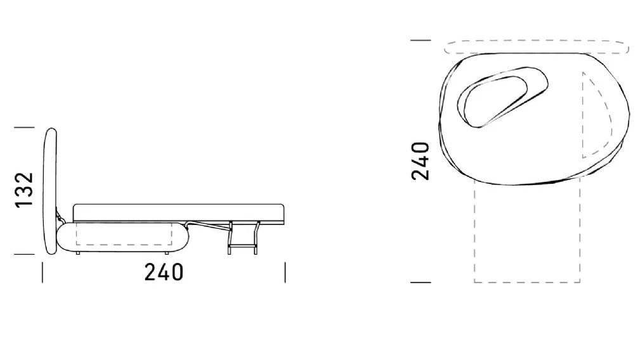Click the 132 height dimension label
24,190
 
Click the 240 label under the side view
164,273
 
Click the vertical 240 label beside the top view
421,161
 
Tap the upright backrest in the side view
50,191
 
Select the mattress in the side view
178,213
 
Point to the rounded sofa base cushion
122,236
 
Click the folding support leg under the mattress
244,238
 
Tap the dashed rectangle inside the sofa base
124,234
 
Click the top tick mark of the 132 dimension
25,127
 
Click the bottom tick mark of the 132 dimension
25,254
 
